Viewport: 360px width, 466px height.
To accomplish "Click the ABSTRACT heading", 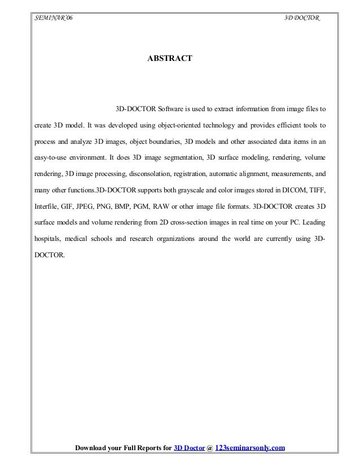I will coord(170,58).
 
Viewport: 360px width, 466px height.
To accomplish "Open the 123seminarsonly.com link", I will coord(251,449).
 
